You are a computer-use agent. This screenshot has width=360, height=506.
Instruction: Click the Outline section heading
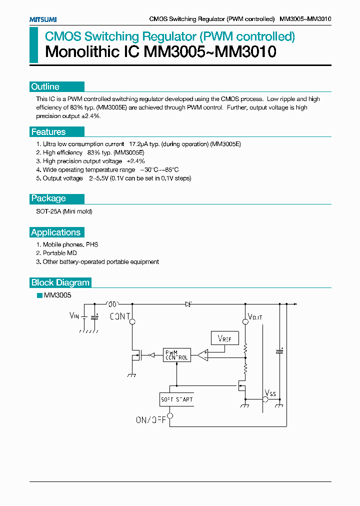coord(45,86)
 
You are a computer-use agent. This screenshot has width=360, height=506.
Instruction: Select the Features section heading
coord(48,132)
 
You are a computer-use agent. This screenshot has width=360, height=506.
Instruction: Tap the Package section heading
coord(48,198)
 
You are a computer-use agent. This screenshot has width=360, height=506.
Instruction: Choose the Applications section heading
coord(55,232)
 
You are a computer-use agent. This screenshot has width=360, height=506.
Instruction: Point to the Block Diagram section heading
coord(60,282)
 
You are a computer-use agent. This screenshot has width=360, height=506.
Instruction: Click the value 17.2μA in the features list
coord(139,144)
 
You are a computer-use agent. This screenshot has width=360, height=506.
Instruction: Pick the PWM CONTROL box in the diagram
coord(176,355)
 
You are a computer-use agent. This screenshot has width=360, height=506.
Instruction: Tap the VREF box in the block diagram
coord(224,338)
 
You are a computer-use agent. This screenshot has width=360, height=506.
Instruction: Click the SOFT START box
coord(176,399)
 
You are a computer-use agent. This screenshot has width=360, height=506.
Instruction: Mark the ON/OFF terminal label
coord(150,420)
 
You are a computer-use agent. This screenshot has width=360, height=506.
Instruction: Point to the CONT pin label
coord(120,316)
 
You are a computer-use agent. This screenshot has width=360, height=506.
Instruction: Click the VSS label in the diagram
coord(270,393)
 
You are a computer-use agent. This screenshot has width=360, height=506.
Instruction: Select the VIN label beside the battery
coord(74,315)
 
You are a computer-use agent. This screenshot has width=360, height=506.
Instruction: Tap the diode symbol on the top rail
coord(188,303)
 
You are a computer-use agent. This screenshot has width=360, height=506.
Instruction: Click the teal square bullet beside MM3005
coord(39,295)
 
